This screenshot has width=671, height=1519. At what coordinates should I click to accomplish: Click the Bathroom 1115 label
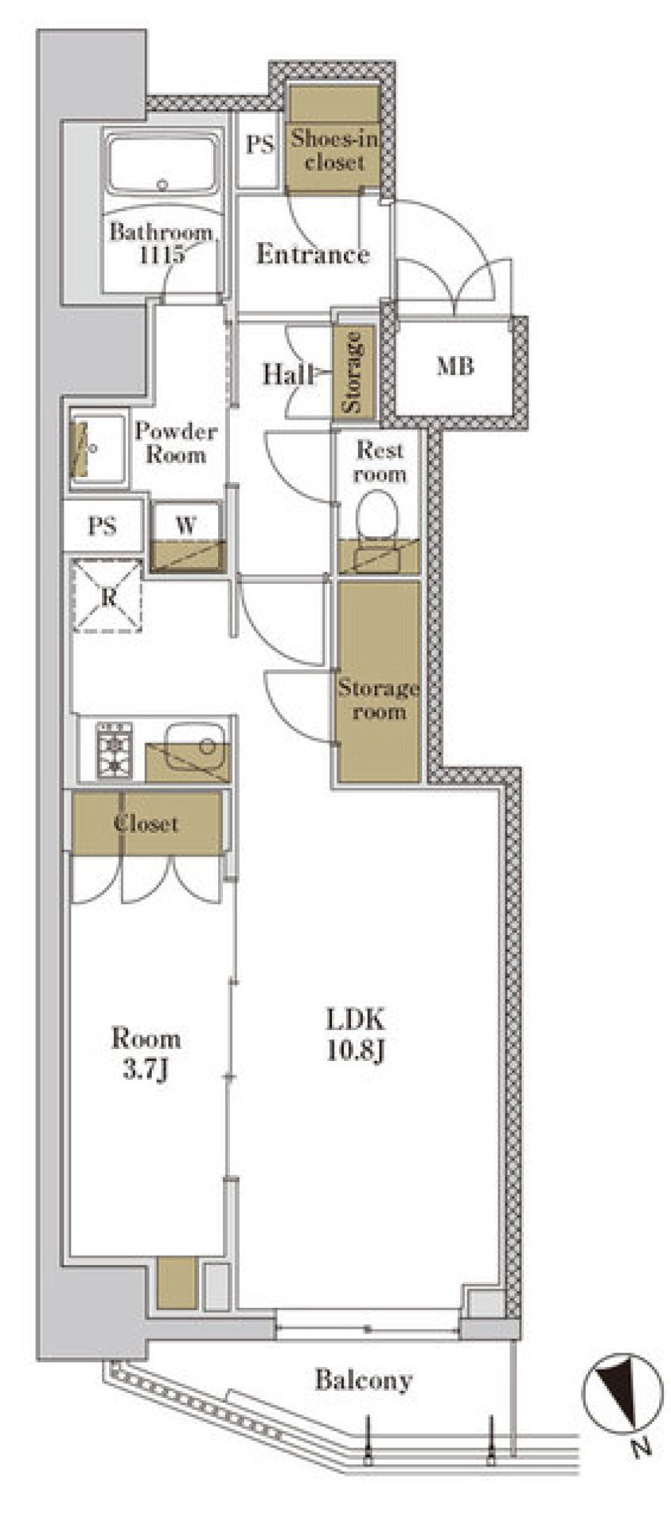(x=161, y=243)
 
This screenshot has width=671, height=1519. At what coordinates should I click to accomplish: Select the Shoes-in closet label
(x=335, y=150)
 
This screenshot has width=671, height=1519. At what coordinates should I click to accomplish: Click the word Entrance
(x=312, y=253)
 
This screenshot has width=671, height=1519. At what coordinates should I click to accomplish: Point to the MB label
(x=455, y=366)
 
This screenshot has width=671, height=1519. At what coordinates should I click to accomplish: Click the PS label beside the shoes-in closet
(x=259, y=144)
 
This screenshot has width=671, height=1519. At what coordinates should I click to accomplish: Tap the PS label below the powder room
(x=102, y=526)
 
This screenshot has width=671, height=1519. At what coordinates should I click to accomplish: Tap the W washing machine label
(x=186, y=525)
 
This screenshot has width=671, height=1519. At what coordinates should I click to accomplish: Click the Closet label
(x=146, y=823)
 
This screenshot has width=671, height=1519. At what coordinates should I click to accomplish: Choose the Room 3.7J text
(x=146, y=1054)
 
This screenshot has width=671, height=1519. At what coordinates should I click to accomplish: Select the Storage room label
(x=378, y=699)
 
